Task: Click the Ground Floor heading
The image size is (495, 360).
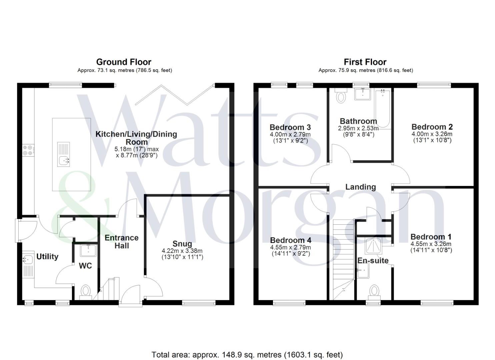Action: (124, 62)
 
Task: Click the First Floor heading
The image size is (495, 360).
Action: (365, 62)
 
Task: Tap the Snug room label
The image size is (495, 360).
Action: (182, 244)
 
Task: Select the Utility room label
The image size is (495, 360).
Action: (47, 256)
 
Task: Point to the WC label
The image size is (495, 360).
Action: (85, 266)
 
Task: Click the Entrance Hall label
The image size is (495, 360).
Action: (122, 242)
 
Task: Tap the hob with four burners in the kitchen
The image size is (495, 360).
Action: (28, 150)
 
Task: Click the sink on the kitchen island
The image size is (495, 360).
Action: (64, 161)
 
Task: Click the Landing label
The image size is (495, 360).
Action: (360, 187)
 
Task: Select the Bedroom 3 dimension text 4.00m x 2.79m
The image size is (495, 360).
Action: (290, 134)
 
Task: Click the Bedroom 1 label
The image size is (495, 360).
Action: (431, 237)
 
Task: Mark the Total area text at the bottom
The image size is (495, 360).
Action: (247, 355)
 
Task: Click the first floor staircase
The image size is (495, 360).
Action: (343, 253)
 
